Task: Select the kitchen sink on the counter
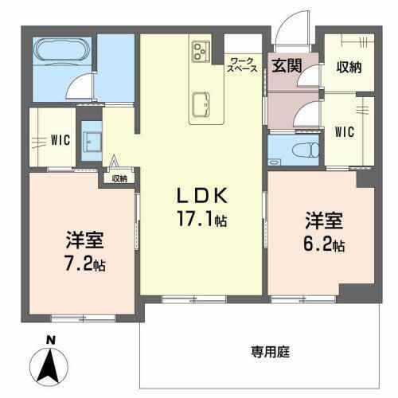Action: [x=201, y=103]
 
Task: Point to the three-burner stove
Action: [x=198, y=53]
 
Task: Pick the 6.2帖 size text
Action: [x=323, y=244]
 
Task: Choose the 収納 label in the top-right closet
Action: [x=349, y=67]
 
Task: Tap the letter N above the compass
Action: [x=50, y=341]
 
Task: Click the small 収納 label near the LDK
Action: [x=119, y=178]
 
